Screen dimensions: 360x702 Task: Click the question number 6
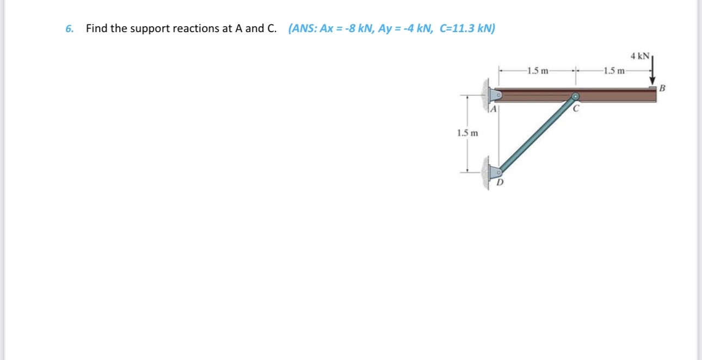pos(69,29)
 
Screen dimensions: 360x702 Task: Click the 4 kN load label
pos(640,56)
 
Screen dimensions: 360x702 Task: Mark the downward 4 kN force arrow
pos(652,71)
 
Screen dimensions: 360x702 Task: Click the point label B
pos(662,88)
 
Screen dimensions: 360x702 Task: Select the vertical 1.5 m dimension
pos(87,133)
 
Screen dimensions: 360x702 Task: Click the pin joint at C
pos(575,97)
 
